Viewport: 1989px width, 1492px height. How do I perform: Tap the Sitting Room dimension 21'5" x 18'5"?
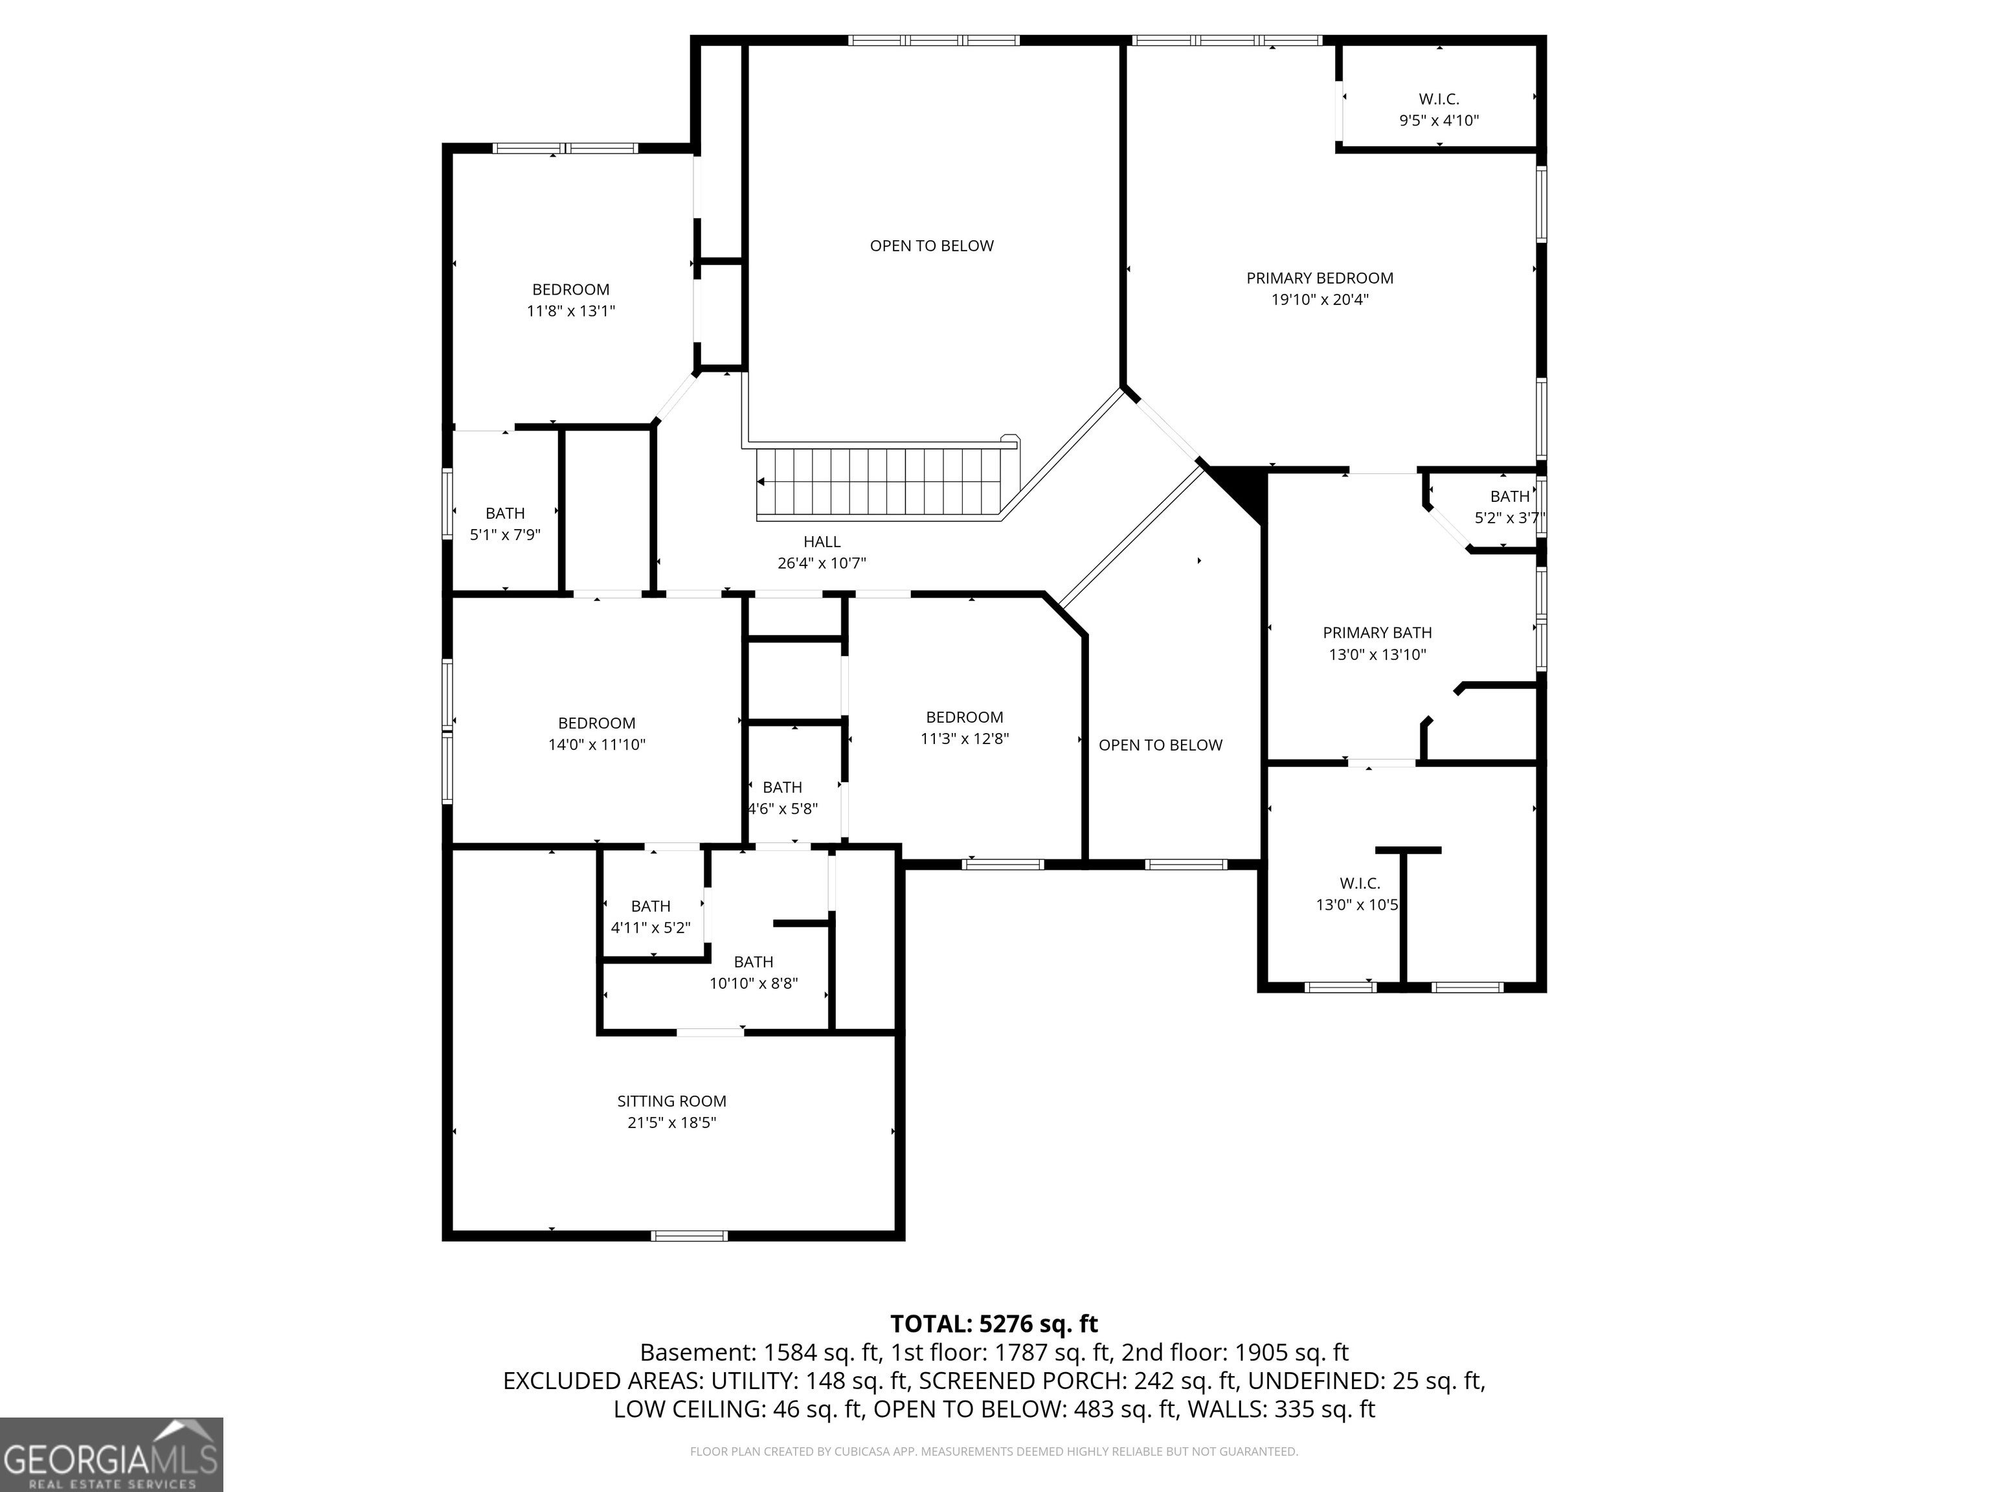(x=671, y=1122)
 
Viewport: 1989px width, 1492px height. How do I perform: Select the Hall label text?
(x=822, y=541)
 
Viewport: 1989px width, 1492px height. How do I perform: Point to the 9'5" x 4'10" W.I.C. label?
(x=1439, y=120)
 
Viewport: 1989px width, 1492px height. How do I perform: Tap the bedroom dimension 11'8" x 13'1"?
(x=571, y=311)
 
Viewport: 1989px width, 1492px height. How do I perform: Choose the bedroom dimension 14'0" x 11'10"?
(x=597, y=745)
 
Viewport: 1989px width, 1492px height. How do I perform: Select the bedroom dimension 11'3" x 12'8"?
(x=965, y=738)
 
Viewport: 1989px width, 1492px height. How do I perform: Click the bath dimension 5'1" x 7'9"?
(x=505, y=535)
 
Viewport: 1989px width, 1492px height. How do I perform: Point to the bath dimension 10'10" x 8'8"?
(x=754, y=984)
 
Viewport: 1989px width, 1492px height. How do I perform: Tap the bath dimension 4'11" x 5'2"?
(x=651, y=927)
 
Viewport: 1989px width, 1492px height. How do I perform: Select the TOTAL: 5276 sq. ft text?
(x=994, y=1324)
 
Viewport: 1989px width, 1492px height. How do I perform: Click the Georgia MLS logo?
(x=111, y=1454)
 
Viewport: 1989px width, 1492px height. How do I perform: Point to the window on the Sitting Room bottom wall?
(x=690, y=1236)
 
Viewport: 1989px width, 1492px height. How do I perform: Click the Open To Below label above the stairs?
(x=932, y=245)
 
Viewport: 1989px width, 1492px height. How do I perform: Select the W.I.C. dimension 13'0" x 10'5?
(x=1357, y=905)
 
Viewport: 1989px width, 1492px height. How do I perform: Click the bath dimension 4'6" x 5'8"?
(x=783, y=809)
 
